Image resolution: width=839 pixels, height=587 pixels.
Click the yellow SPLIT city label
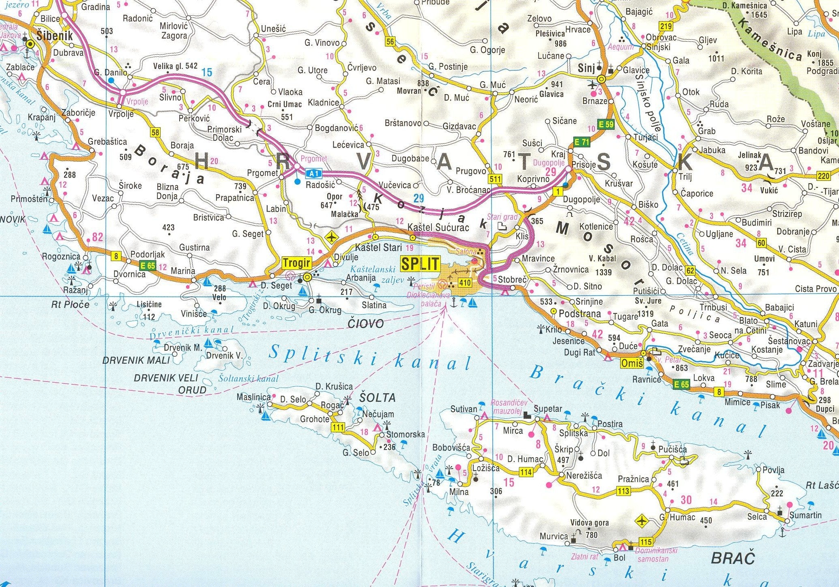click(420, 264)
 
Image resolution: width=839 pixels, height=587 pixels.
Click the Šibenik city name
click(54, 36)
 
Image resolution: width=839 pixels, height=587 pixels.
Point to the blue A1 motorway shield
click(313, 174)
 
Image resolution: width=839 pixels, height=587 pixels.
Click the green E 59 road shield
click(606, 124)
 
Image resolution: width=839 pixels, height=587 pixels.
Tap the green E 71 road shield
click(582, 142)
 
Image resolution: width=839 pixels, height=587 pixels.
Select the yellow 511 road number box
click(496, 179)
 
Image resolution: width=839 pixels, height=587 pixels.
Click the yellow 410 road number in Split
click(464, 282)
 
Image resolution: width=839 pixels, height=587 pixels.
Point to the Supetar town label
click(547, 408)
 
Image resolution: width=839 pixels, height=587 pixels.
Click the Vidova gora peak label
click(590, 523)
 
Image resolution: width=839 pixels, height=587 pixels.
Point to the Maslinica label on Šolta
click(253, 397)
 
